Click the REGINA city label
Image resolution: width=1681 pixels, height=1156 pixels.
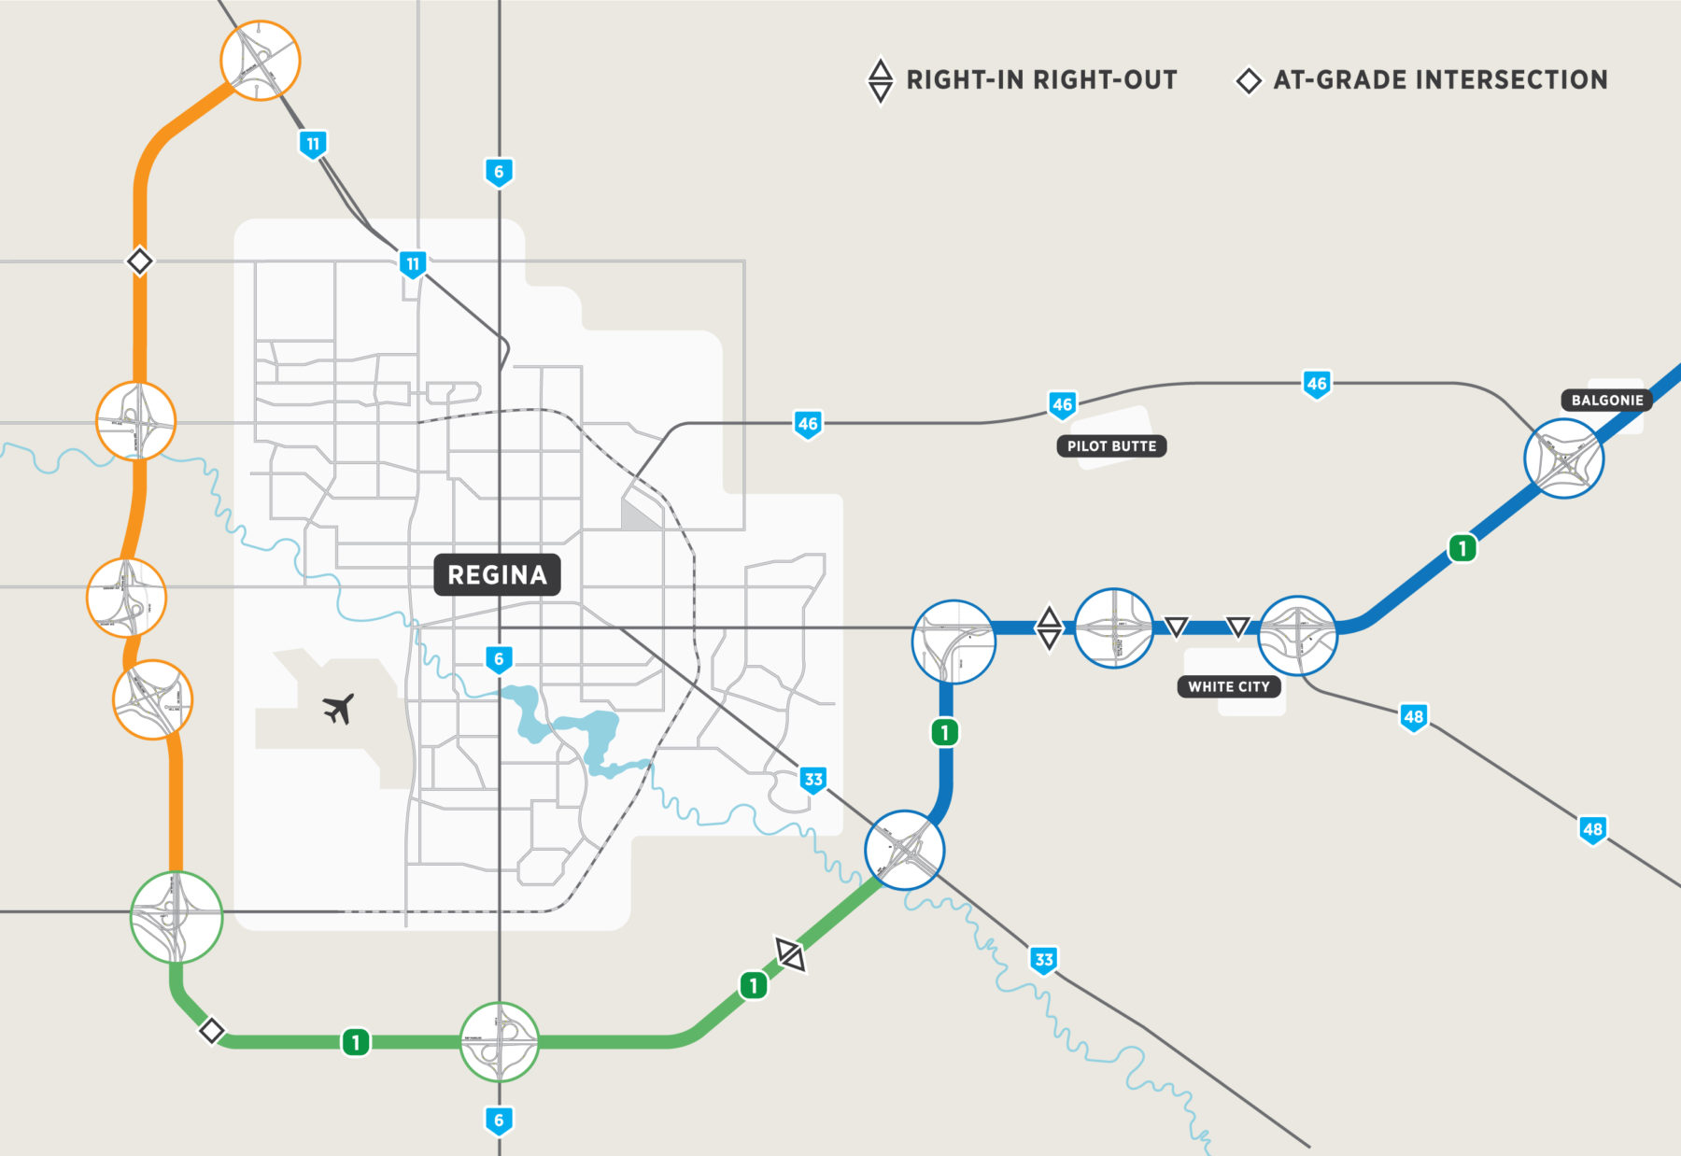tap(497, 574)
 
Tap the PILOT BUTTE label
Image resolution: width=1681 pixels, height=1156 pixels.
tap(1111, 446)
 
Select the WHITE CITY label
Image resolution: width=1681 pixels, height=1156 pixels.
tap(1228, 686)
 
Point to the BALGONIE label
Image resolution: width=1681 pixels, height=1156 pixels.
tap(1606, 400)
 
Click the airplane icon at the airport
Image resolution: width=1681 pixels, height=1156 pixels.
tap(339, 709)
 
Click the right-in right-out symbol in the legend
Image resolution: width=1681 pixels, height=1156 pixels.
tap(880, 81)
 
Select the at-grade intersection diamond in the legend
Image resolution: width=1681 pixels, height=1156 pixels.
tap(1249, 81)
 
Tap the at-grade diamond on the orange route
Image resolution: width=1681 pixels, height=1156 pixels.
tap(139, 261)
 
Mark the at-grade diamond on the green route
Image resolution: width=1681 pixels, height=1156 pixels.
tap(212, 1031)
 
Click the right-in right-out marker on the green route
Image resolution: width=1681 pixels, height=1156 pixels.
tap(790, 954)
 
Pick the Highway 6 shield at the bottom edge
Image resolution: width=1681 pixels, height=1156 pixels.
tap(499, 1121)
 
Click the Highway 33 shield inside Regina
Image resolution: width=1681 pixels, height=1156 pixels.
tap(813, 780)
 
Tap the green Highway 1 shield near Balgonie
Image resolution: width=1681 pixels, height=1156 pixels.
tap(1462, 548)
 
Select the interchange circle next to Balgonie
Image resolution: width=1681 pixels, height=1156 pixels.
tap(1563, 458)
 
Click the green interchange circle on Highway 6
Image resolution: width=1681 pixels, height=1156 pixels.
tap(500, 1041)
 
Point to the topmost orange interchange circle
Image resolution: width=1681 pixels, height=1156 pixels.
tap(261, 60)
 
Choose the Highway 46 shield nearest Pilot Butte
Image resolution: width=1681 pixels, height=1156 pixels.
tap(1062, 404)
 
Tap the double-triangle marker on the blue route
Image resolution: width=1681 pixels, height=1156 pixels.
tap(1049, 627)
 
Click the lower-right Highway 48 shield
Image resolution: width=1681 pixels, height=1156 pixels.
tap(1592, 829)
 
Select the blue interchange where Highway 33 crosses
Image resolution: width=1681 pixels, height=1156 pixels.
tap(904, 850)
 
